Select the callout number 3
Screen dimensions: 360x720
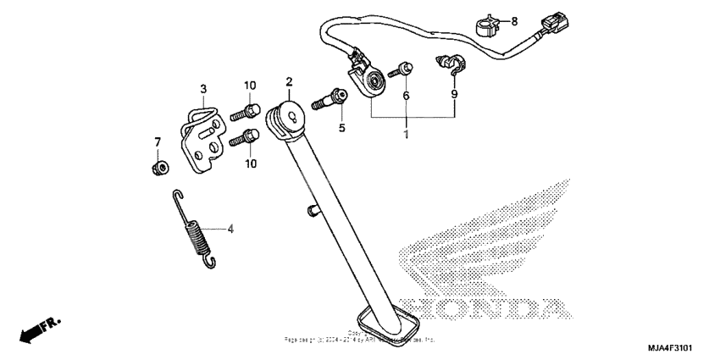click(203, 89)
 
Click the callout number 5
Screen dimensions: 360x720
click(342, 129)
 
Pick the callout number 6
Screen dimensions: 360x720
click(406, 97)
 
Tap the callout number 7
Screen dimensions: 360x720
click(157, 141)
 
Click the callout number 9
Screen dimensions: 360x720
click(454, 96)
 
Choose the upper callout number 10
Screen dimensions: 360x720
click(250, 86)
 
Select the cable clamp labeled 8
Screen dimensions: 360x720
click(486, 26)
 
